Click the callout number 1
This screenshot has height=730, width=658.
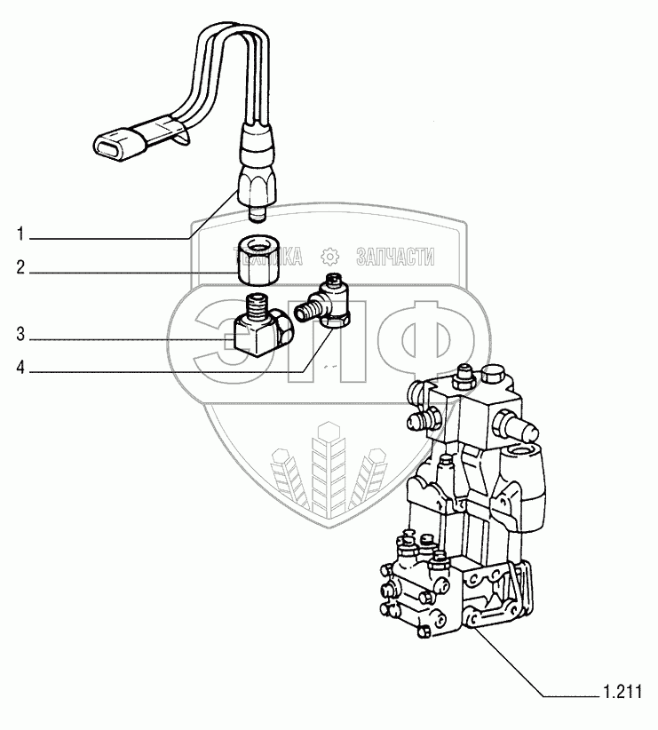coord(18,235)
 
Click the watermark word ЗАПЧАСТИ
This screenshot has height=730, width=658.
coord(395,258)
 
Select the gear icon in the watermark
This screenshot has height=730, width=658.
coord(329,258)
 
